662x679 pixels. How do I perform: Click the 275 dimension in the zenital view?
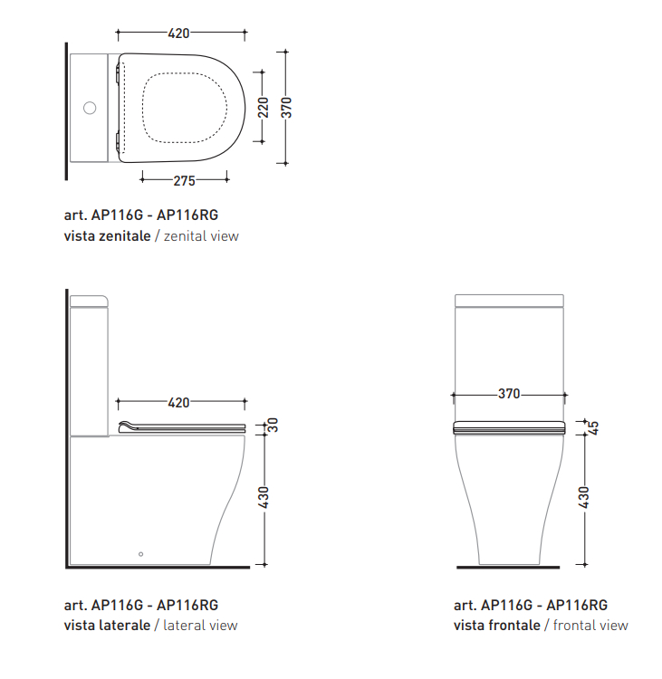(x=185, y=180)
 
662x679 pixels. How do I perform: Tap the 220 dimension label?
(x=263, y=108)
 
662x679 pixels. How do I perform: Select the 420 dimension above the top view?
(x=179, y=33)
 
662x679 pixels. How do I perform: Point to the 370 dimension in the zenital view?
(x=286, y=108)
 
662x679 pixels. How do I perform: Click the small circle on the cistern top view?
(x=90, y=108)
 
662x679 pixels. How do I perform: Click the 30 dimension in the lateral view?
(x=273, y=425)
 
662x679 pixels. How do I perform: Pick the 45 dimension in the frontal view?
(x=593, y=428)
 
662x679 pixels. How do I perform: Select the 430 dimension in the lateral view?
(x=264, y=497)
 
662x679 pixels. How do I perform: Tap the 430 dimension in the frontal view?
(x=583, y=497)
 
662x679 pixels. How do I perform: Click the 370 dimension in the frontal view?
(x=509, y=394)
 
